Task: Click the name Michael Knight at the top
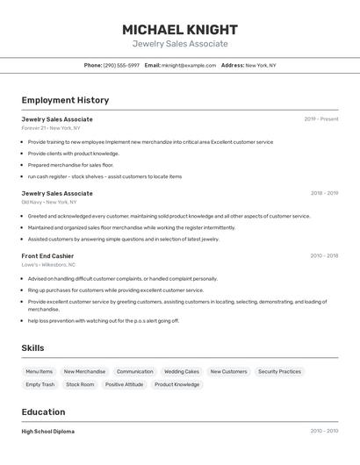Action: coord(180,30)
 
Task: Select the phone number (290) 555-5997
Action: coord(121,65)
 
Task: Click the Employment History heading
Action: coord(65,101)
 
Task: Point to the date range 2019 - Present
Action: coord(321,119)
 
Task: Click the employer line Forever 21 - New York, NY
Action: coord(50,128)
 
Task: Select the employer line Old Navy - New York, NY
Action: coord(50,202)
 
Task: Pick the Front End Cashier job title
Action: coord(47,256)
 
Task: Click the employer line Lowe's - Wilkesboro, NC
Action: coord(48,264)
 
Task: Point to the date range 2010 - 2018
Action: coord(324,256)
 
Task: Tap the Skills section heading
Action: coord(32,348)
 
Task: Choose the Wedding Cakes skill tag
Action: coord(182,371)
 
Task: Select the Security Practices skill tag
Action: coord(279,371)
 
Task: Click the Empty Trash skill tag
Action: coord(40,384)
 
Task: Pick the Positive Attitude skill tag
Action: coord(124,384)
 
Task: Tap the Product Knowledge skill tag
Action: coord(176,384)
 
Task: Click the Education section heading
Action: coord(43,412)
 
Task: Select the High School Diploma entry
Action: coord(47,432)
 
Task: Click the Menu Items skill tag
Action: coord(40,371)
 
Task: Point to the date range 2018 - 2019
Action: coord(324,193)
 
